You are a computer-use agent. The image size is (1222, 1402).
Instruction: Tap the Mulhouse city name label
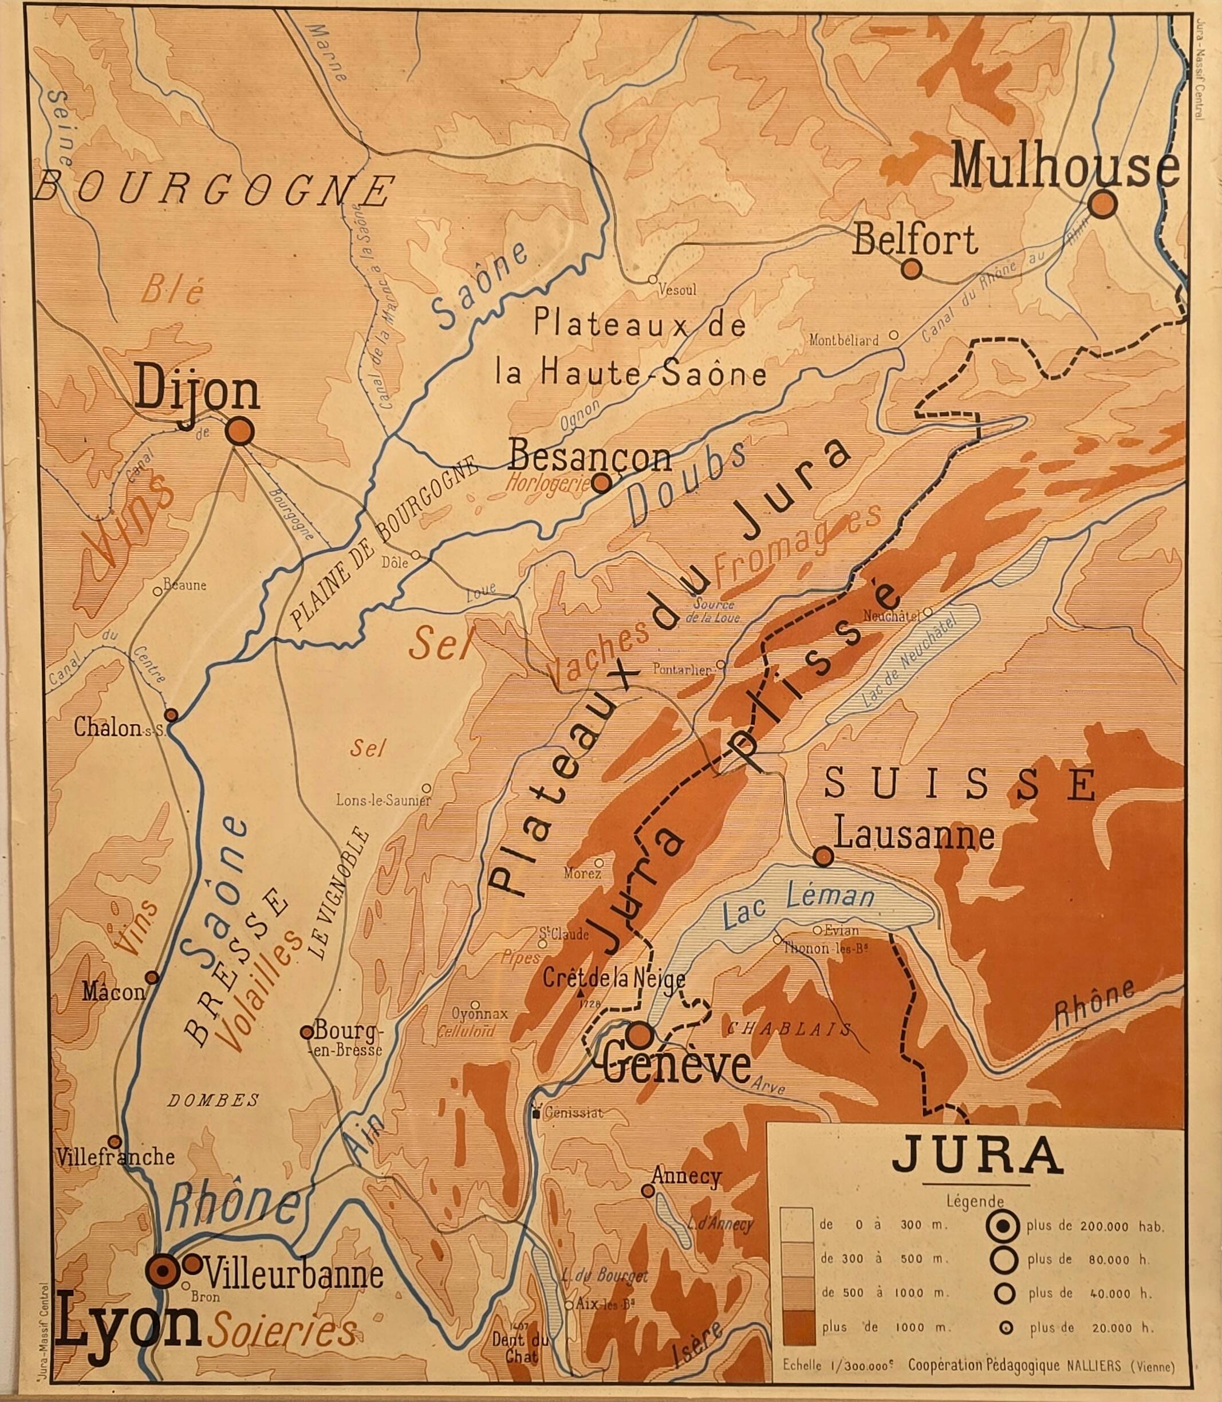(x=1064, y=168)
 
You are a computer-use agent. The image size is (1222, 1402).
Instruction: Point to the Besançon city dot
(x=601, y=483)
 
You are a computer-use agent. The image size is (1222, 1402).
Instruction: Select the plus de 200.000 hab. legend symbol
(x=1003, y=1227)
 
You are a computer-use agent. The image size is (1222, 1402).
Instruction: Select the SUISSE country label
(x=960, y=784)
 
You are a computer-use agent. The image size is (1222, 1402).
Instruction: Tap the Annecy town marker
(x=648, y=1191)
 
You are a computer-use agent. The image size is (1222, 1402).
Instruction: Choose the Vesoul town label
(x=677, y=290)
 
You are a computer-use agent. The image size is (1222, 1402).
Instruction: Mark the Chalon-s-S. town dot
(x=171, y=715)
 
